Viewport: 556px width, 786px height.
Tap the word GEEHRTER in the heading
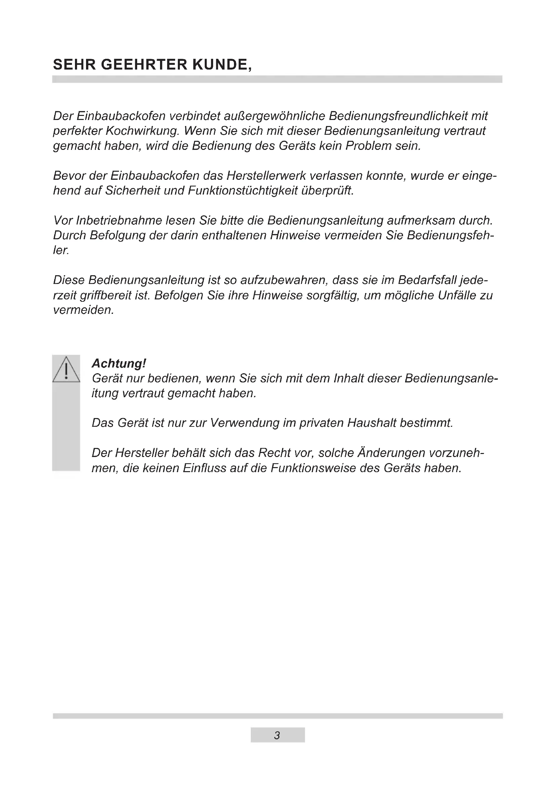144,65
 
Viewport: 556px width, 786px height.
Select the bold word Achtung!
119,363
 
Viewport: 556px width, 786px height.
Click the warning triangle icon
66,369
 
